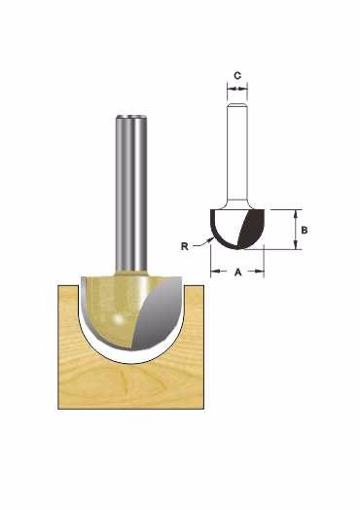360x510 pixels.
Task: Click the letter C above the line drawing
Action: click(x=237, y=76)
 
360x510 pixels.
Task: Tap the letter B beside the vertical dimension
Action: click(x=305, y=230)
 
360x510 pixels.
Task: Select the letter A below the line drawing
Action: click(x=238, y=272)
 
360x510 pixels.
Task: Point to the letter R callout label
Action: click(x=185, y=246)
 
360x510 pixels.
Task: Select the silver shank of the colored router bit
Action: click(x=130, y=193)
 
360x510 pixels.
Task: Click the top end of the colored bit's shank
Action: click(x=130, y=117)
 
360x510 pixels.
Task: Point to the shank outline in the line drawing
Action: click(x=237, y=153)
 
